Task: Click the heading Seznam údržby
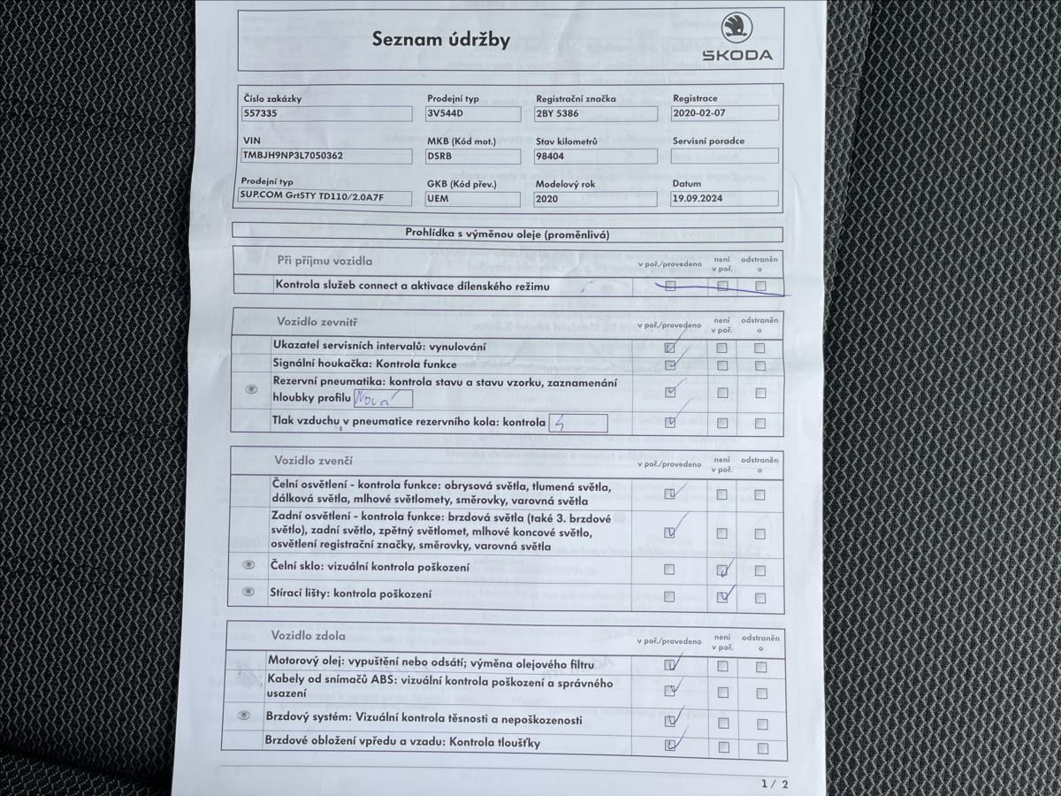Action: [440, 40]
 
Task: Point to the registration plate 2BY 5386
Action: [558, 114]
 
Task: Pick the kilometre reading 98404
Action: [552, 156]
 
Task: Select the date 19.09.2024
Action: [698, 199]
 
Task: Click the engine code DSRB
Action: [439, 156]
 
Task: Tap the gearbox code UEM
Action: [438, 199]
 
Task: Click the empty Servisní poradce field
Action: [725, 156]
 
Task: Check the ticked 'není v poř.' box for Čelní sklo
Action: [722, 570]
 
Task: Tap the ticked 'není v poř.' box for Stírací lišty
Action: [723, 597]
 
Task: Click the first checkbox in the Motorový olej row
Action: [669, 665]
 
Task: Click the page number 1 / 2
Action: [774, 784]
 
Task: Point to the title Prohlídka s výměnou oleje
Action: [508, 234]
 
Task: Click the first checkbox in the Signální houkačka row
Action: [670, 365]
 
